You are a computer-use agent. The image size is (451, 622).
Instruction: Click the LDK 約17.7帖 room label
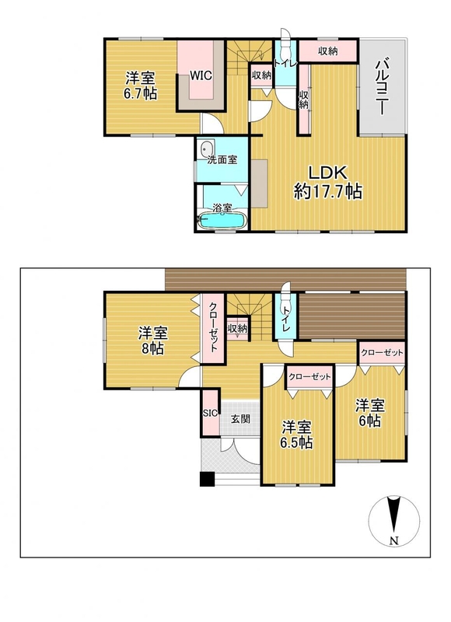point(327,182)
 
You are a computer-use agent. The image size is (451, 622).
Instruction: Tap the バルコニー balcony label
point(382,86)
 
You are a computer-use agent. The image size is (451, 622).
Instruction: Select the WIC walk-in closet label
point(201,75)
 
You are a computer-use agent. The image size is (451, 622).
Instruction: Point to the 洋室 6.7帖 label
point(141,86)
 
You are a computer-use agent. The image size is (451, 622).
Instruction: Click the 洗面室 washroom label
point(222,160)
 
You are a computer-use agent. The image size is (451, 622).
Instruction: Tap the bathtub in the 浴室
point(222,221)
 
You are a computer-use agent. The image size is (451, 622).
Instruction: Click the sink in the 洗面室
point(206,149)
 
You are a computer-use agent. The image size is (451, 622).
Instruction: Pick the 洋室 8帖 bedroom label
point(152,341)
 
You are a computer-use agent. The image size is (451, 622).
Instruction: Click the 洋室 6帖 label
point(369,413)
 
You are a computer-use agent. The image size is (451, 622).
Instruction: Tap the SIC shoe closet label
point(210,413)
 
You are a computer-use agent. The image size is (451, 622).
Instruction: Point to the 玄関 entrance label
point(240,418)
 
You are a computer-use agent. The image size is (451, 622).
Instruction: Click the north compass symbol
point(394,521)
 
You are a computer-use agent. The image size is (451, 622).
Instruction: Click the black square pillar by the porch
point(207,479)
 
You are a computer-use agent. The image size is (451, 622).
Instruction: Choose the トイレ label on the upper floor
point(285,63)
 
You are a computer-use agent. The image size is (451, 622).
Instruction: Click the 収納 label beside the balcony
point(327,51)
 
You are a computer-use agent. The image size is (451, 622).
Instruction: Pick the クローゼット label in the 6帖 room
point(383,352)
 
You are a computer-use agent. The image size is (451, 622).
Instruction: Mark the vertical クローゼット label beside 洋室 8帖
point(213,327)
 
